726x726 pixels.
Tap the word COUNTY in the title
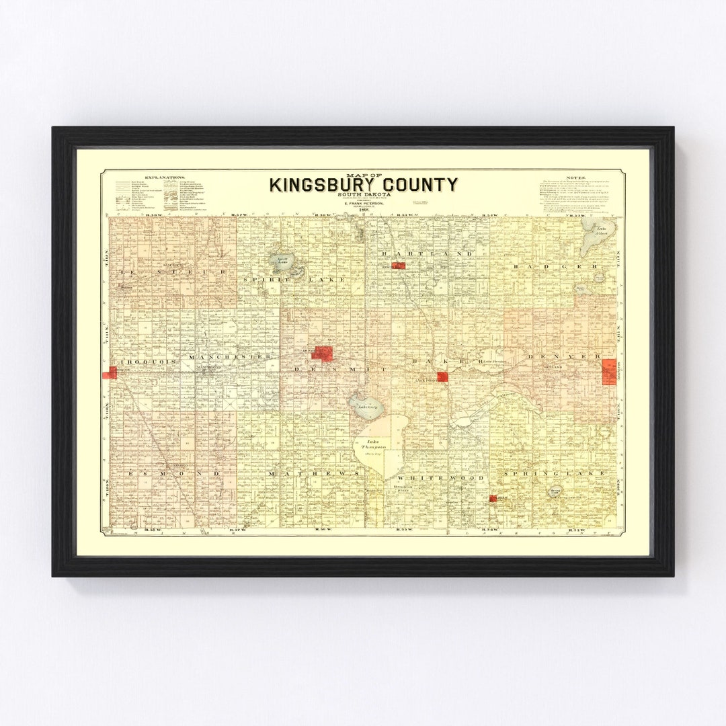point(417,184)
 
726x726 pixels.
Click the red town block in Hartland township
point(399,266)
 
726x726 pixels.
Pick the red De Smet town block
point(322,353)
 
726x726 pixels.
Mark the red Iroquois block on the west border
point(110,372)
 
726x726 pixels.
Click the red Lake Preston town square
point(442,376)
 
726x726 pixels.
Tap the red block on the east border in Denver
point(609,371)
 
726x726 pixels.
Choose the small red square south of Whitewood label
point(493,498)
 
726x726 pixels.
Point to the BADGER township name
point(555,267)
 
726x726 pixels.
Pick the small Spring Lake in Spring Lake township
point(555,492)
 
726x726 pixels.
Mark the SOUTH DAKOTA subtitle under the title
point(364,195)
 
